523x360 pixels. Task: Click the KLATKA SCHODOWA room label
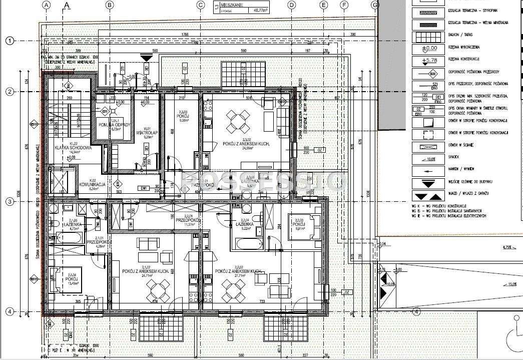tap(73, 148)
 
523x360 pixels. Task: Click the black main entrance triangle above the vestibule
tap(146, 59)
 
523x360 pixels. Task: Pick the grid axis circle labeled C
tap(201, 6)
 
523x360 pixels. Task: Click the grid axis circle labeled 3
tap(9, 202)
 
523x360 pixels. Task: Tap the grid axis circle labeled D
tap(291, 6)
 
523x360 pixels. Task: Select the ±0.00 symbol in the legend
tap(428, 49)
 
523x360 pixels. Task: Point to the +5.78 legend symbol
tap(428, 61)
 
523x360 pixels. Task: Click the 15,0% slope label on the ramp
tap(511, 285)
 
